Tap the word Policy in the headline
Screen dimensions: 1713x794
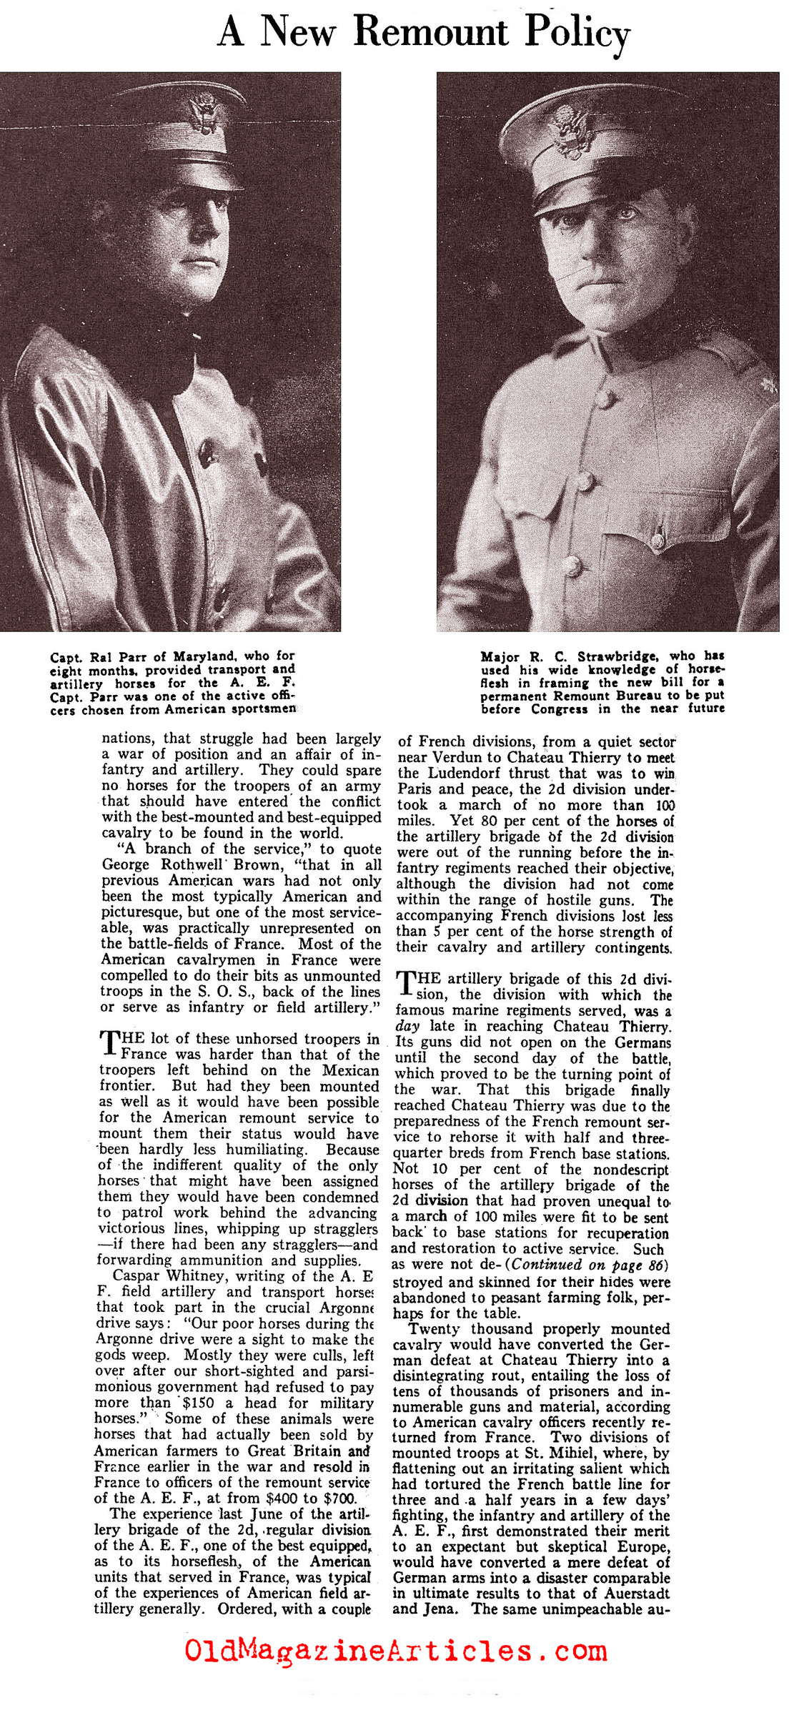(x=577, y=34)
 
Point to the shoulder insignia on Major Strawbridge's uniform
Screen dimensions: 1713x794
(x=769, y=387)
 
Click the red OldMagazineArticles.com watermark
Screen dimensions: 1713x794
(x=396, y=1651)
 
